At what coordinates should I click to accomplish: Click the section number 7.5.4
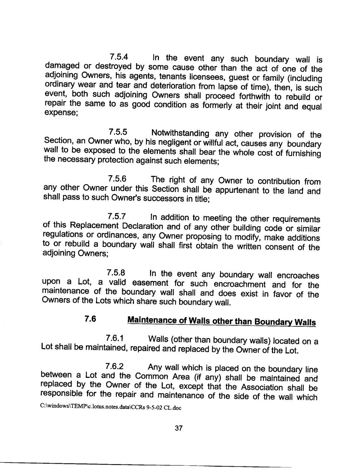pos(119,57)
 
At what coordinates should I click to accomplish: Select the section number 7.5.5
pos(118,132)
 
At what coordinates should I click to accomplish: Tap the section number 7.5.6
pos(117,179)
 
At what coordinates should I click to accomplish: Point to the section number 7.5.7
pos(117,216)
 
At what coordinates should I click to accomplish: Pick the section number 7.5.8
pos(116,272)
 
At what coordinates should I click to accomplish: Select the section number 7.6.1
pos(115,338)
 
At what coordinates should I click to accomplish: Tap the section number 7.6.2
pos(114,366)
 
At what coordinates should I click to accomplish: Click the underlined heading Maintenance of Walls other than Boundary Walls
pos(221,321)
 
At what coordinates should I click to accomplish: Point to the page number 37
pos(178,428)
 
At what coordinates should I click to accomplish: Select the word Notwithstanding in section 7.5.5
pos(180,133)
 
